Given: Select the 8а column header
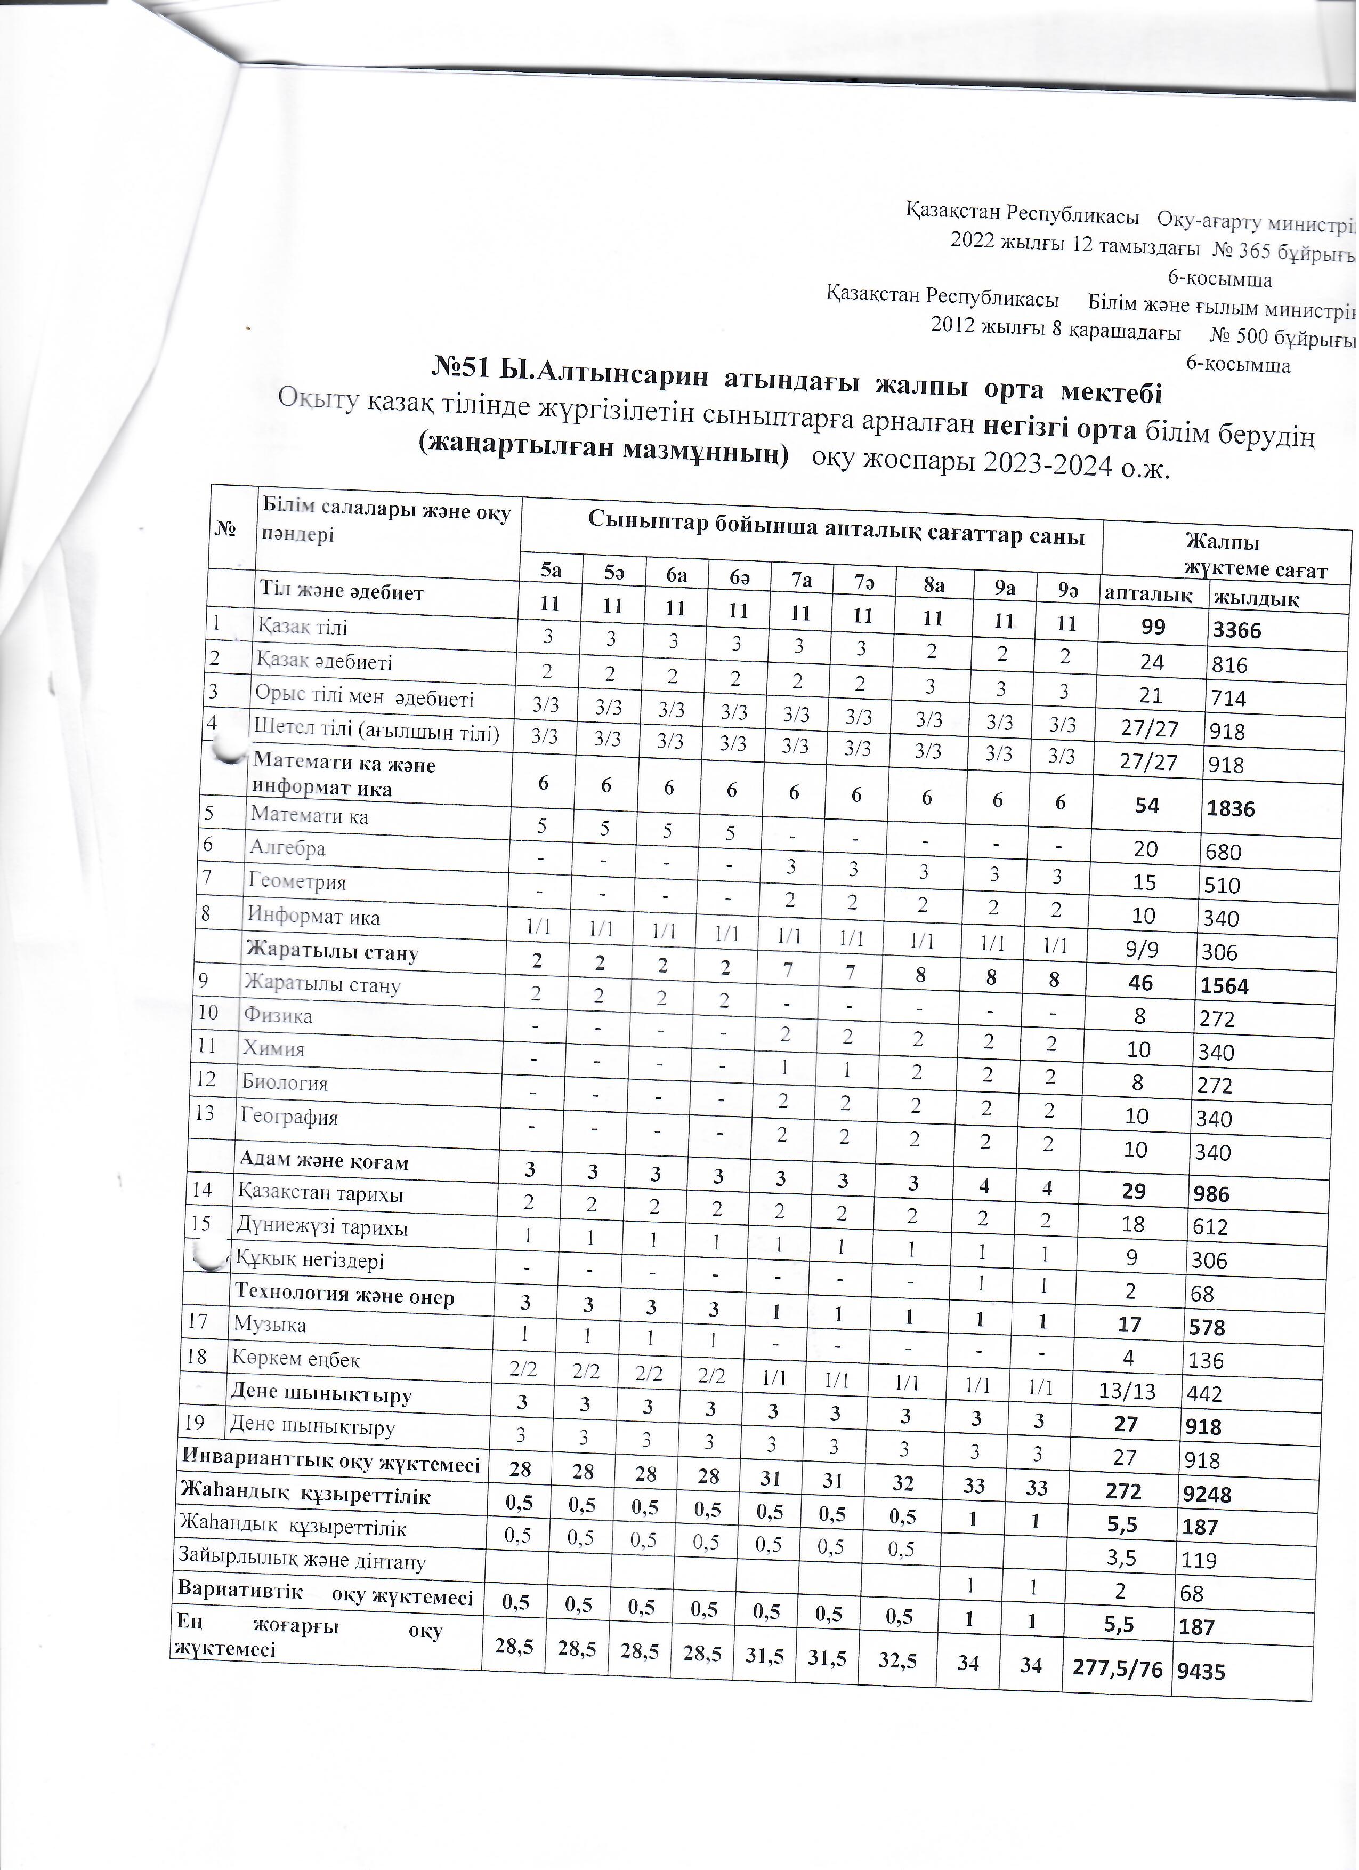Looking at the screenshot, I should (x=934, y=584).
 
